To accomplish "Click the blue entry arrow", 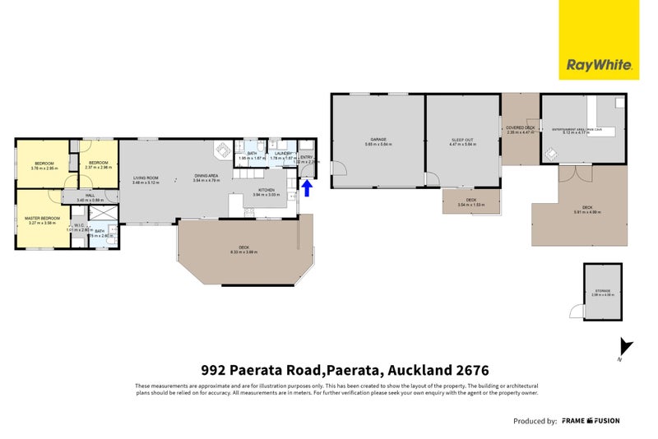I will [x=308, y=189].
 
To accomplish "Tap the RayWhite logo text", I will [x=598, y=65].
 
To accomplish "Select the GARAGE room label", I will [x=378, y=139].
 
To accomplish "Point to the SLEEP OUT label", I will [x=463, y=139].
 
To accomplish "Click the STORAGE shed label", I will [x=604, y=291].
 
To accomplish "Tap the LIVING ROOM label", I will [x=146, y=178].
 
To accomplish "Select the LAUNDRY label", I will [x=285, y=153].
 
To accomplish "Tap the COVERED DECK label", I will [x=521, y=127].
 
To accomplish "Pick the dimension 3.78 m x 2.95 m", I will [x=44, y=169].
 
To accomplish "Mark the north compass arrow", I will [x=626, y=347].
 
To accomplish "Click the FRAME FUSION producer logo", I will [x=591, y=421].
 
